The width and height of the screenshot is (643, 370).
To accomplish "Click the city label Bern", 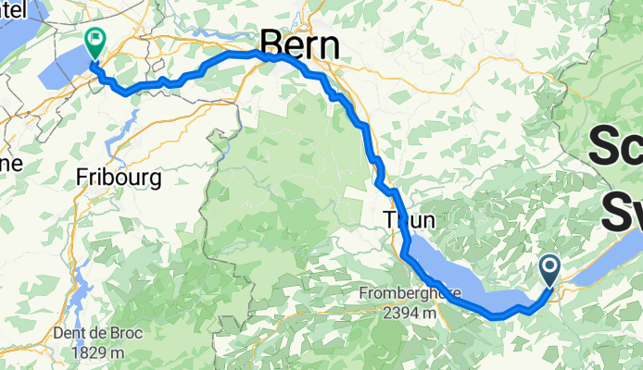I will click(x=299, y=43).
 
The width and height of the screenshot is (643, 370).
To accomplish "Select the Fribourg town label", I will click(x=120, y=176).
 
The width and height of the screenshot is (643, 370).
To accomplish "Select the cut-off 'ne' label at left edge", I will click(x=10, y=164).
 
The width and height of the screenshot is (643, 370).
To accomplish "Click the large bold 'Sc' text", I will click(x=615, y=146).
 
